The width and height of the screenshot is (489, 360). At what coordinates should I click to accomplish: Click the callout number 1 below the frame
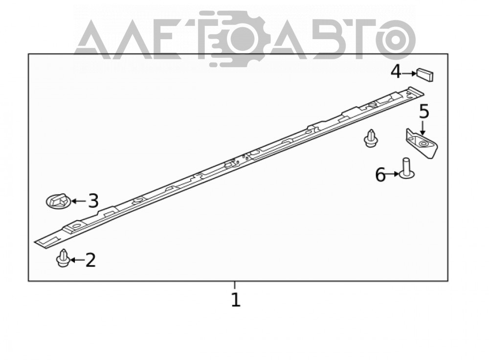tap(236, 300)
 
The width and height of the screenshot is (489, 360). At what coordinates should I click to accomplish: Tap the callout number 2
tap(90, 260)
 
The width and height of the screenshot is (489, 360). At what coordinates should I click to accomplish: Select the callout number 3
tap(93, 201)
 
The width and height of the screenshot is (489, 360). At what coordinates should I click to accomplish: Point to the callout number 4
tap(396, 72)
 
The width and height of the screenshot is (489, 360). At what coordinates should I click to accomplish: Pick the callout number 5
tap(424, 112)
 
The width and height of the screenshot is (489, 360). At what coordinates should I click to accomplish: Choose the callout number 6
tap(380, 175)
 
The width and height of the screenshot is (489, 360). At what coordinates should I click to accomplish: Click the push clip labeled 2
tap(63, 258)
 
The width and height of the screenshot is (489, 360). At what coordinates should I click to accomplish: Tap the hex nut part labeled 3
tap(58, 201)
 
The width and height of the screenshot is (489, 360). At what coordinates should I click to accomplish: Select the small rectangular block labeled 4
tap(425, 75)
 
